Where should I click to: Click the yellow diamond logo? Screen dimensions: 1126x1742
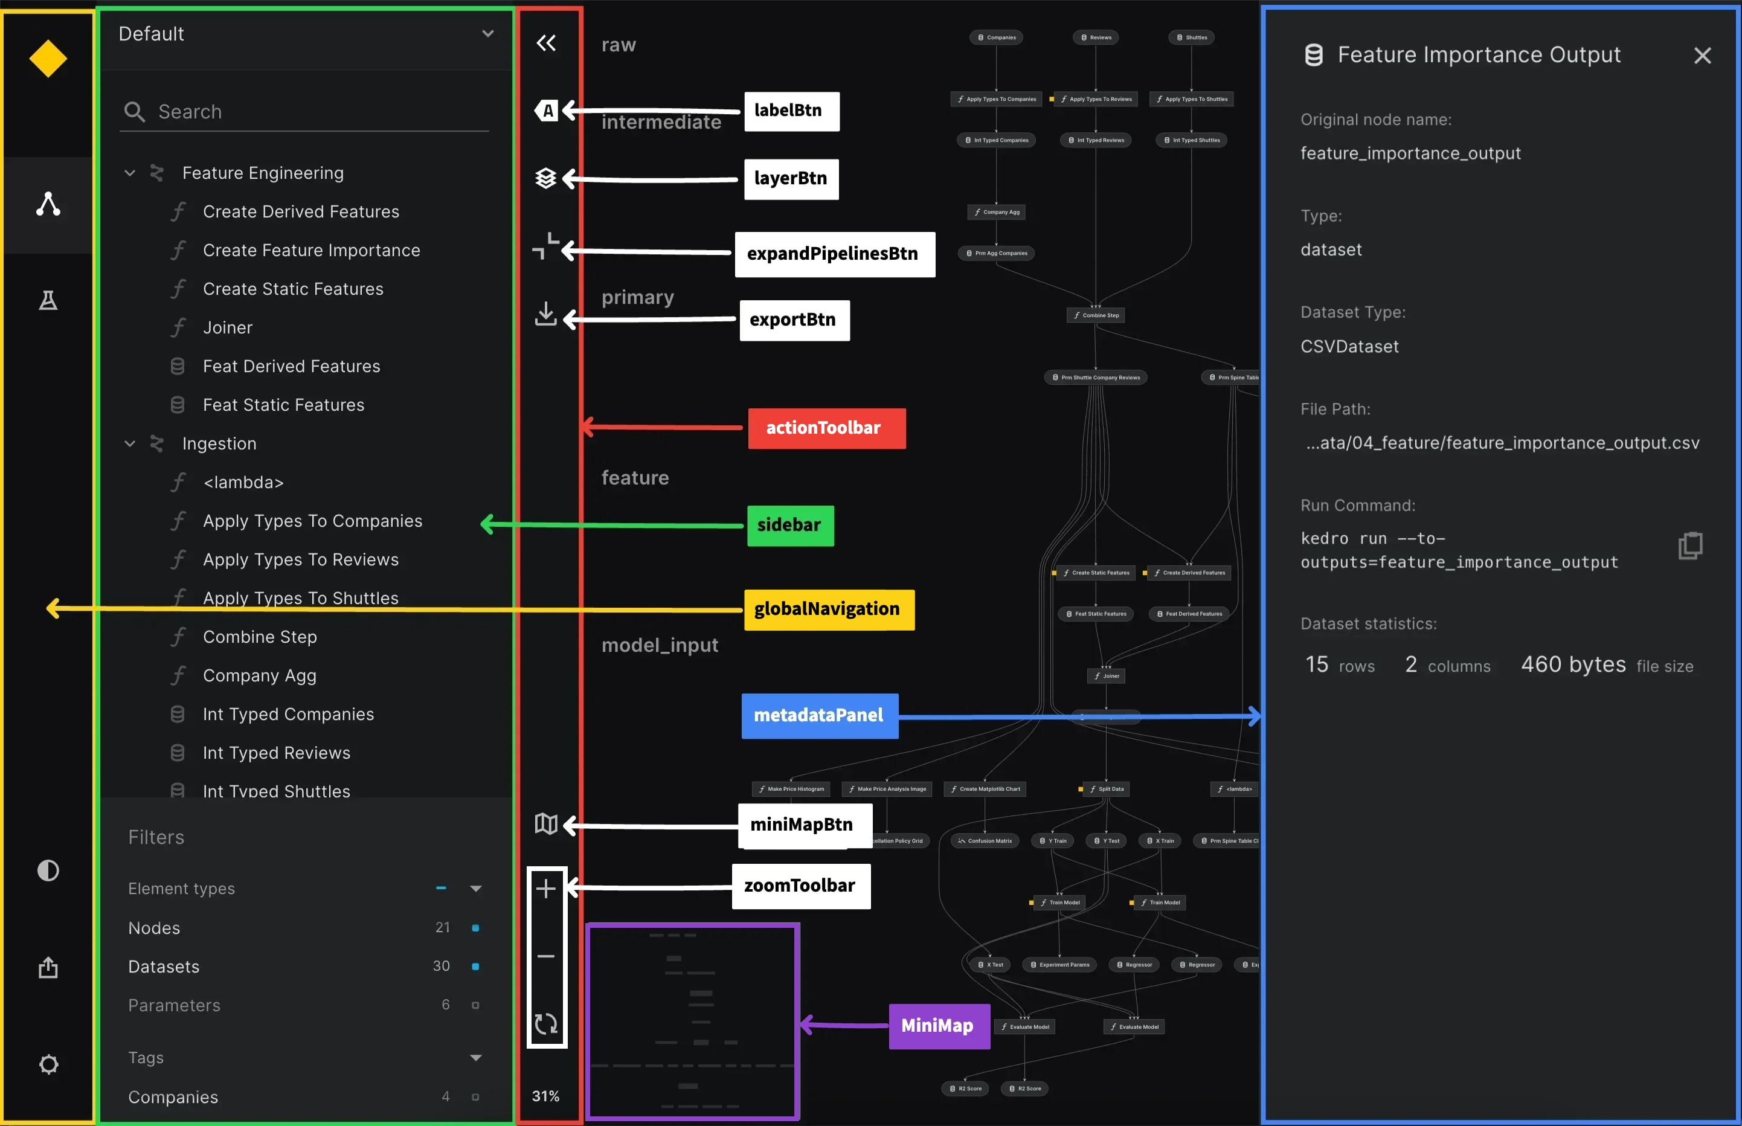pyautogui.click(x=48, y=59)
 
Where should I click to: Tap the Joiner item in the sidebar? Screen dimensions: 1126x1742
pyautogui.click(x=227, y=327)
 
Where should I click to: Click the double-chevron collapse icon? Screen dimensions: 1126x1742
pyautogui.click(x=546, y=43)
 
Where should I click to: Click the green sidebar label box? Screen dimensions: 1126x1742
pyautogui.click(x=789, y=526)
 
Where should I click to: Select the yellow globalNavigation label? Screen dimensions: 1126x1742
pyautogui.click(x=828, y=610)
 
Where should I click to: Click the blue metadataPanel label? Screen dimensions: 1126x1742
pyautogui.click(x=818, y=716)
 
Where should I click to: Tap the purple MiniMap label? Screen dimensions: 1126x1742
pyautogui.click(x=939, y=1026)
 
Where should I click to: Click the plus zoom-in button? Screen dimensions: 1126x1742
pyautogui.click(x=546, y=889)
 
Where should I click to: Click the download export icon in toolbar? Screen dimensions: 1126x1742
pyautogui.click(x=546, y=314)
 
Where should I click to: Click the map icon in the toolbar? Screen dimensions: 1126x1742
pyautogui.click(x=546, y=824)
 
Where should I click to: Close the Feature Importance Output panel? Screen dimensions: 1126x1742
pyautogui.click(x=1702, y=56)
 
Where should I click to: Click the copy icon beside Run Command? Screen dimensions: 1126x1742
pyautogui.click(x=1689, y=545)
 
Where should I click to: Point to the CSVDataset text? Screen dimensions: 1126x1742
pyautogui.click(x=1349, y=347)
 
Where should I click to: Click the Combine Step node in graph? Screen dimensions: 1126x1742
pyautogui.click(x=1095, y=315)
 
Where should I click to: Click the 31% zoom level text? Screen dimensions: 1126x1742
pyautogui.click(x=545, y=1096)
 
